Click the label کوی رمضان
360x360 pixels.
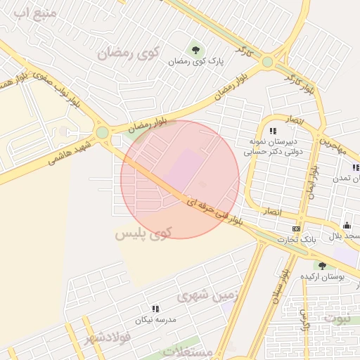click(128, 52)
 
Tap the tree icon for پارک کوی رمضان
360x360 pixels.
click(195, 49)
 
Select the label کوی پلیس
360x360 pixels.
click(143, 233)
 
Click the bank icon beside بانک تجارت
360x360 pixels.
click(296, 229)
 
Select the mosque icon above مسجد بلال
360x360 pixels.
click(347, 225)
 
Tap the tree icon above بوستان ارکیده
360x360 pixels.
click(322, 265)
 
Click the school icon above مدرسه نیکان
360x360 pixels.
click(155, 308)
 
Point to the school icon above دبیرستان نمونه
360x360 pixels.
click(272, 131)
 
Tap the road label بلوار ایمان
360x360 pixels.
click(313, 181)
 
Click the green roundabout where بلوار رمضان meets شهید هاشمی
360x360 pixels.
click(103, 132)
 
